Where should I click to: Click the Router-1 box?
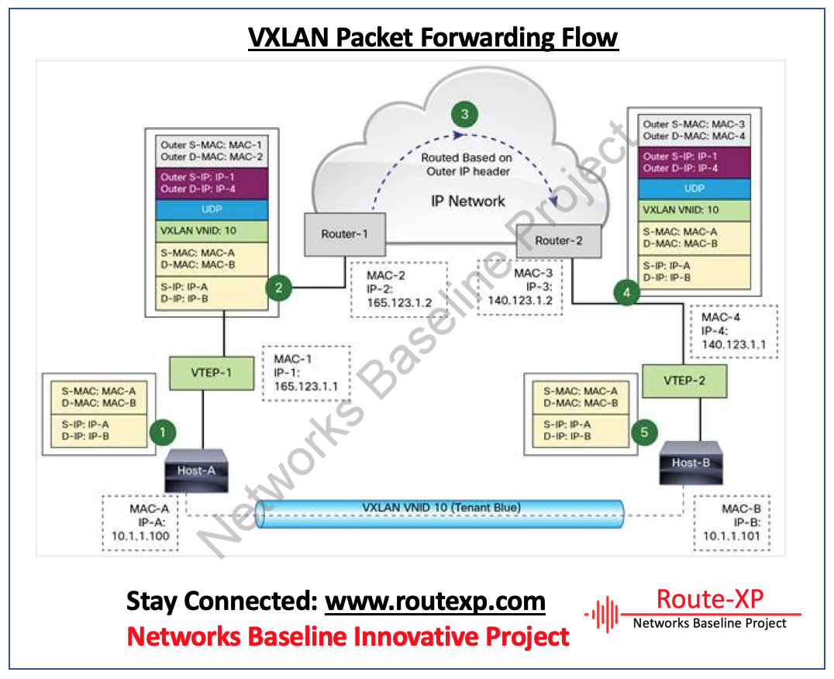(x=344, y=234)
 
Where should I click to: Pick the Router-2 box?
(x=558, y=240)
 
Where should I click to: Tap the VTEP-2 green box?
(x=684, y=382)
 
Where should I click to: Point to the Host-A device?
(x=196, y=470)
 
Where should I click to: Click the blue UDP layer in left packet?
(x=211, y=210)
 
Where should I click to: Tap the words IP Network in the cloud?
(x=467, y=201)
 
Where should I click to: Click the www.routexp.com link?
(x=435, y=601)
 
